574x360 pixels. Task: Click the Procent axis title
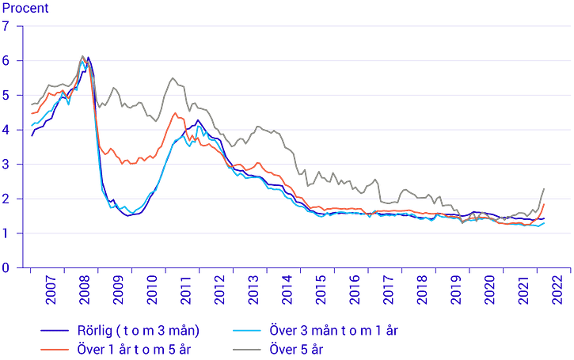pos(25,8)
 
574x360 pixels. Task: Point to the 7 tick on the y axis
pos(6,26)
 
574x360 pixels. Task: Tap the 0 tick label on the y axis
pos(6,267)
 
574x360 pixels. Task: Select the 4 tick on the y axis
pos(6,130)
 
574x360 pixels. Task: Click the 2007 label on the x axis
pos(51,290)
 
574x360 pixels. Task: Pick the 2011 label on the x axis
pos(185,290)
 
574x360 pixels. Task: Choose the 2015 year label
pos(321,290)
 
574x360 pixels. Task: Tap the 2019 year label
pos(456,290)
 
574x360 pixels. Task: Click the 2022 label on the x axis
pos(557,290)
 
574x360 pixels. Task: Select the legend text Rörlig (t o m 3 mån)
pos(139,331)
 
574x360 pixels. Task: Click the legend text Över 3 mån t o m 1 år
pos(333,331)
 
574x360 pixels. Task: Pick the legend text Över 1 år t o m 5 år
pos(134,350)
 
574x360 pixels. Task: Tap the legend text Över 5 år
pos(296,350)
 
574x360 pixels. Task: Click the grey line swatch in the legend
pos(247,350)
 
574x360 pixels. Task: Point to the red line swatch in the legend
pos(55,350)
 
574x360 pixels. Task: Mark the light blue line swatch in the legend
pos(247,331)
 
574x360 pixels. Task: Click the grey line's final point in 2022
pos(545,189)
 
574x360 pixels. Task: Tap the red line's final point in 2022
pos(545,204)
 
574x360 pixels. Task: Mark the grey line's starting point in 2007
pos(32,104)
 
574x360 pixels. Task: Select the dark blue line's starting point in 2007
pos(32,136)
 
